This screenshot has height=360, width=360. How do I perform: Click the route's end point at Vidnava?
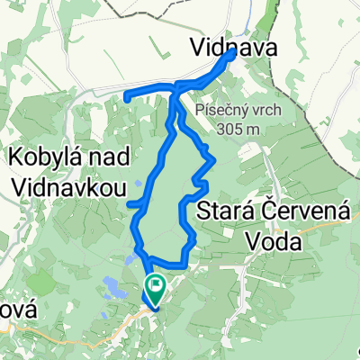click(232, 53)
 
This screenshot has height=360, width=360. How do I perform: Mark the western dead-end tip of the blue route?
click(127, 95)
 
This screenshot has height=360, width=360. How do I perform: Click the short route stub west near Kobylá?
click(136, 205)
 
